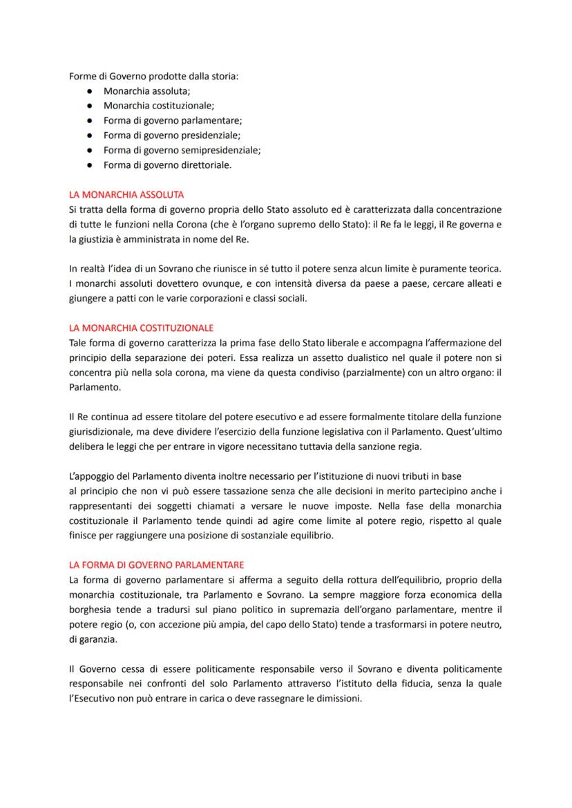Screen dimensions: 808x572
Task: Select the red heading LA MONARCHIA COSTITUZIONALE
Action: pyautogui.click(x=142, y=328)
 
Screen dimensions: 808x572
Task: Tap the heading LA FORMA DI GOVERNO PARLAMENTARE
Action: pyautogui.click(x=156, y=565)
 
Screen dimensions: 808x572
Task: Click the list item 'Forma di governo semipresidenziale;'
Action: pyautogui.click(x=182, y=149)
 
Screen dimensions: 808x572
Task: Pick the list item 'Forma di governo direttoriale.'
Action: pyautogui.click(x=167, y=165)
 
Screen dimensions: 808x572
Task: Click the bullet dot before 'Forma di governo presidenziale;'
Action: pyautogui.click(x=90, y=135)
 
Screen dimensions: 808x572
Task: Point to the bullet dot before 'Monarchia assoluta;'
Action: pyautogui.click(x=90, y=91)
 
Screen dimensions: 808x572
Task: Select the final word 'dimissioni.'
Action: pyautogui.click(x=337, y=698)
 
